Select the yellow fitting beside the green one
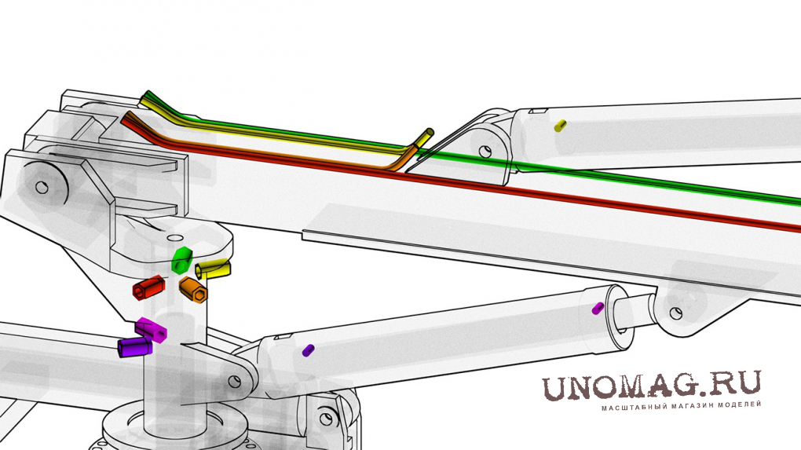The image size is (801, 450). [214, 269]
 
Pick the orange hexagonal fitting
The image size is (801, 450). [192, 289]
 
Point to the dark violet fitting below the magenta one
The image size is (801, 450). [133, 346]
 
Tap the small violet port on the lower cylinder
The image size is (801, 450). [309, 349]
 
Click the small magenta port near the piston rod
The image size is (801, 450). [598, 308]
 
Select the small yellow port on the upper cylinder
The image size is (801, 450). [560, 125]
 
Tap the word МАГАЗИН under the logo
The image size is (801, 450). [691, 405]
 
